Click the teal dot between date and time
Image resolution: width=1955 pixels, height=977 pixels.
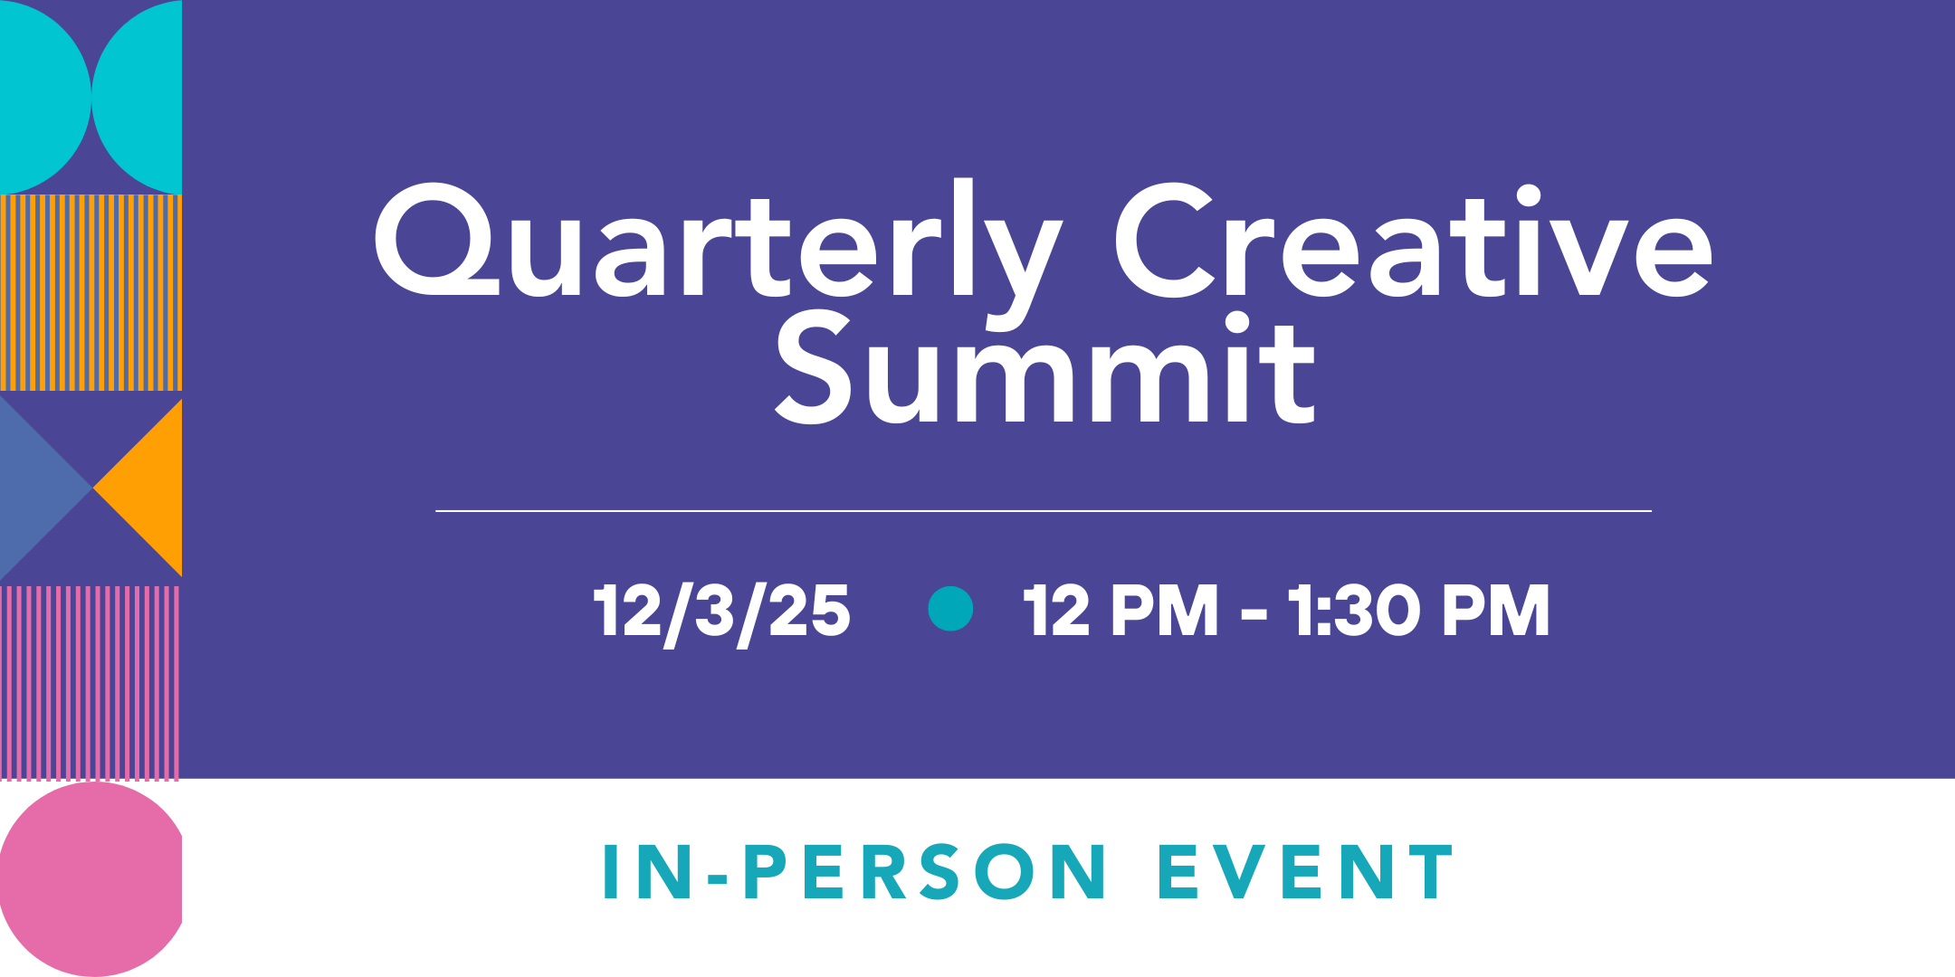(950, 609)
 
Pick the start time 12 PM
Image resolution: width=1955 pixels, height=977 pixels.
(1121, 611)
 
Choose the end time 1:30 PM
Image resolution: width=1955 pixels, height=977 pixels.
(1418, 611)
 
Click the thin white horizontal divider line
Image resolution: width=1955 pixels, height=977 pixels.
(1043, 511)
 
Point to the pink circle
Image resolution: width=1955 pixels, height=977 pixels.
(91, 877)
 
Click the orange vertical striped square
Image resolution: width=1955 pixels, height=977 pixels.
(91, 292)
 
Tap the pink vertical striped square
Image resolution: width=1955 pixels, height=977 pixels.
(91, 683)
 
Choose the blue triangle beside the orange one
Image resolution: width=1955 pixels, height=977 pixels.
(36, 488)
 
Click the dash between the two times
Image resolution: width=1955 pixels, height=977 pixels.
(1254, 616)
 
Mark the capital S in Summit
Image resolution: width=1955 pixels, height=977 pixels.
(814, 368)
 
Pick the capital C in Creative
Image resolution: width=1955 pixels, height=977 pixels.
(1163, 241)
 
